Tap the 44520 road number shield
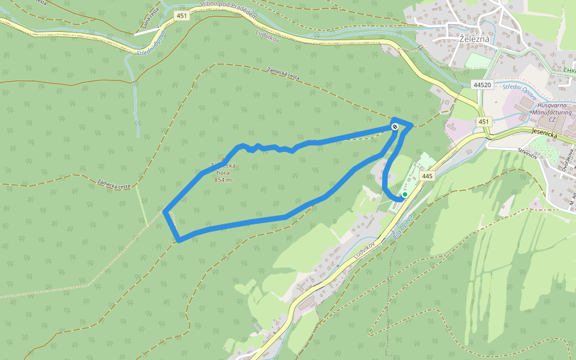(x=482, y=85)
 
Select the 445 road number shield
(x=427, y=176)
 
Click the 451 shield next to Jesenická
(x=483, y=122)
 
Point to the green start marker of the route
(x=405, y=194)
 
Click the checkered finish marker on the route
(x=394, y=126)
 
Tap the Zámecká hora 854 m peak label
(x=223, y=173)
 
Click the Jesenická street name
(x=545, y=136)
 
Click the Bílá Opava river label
(x=402, y=226)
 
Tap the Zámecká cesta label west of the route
(x=113, y=184)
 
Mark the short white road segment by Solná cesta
(x=147, y=32)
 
